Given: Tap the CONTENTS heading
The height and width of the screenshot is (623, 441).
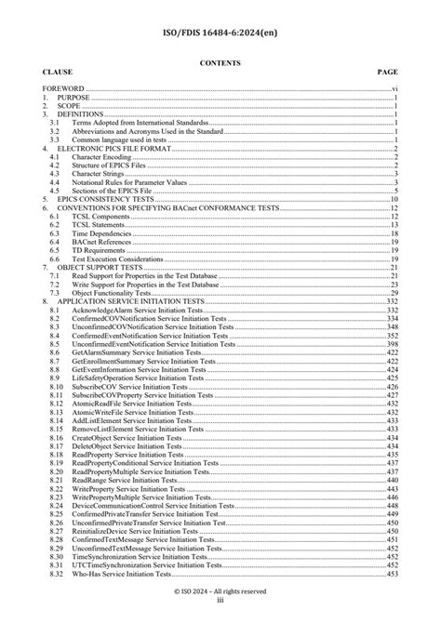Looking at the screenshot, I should pos(220,62).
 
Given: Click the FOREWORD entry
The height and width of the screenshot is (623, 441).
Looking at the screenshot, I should pos(62,89).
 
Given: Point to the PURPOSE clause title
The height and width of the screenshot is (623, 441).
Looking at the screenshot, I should pos(74,98).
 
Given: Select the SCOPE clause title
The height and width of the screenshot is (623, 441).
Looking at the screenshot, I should pos(70,106).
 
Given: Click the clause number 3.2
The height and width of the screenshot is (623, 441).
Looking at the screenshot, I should pos(55,130).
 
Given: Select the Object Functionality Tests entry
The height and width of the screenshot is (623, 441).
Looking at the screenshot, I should pos(116,291).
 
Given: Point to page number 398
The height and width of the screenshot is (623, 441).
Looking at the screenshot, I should pos(393,343).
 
